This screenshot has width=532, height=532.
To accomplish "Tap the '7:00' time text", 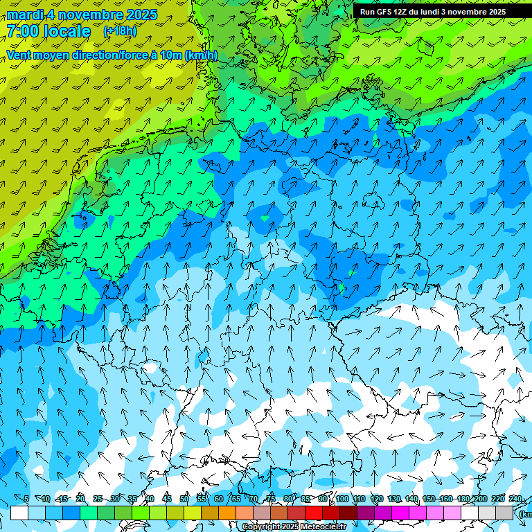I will click(22, 31).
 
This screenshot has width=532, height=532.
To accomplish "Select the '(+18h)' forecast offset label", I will click(120, 31).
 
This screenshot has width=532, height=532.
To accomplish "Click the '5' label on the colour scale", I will click(26, 499).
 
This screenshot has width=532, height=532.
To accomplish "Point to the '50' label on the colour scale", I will click(184, 499).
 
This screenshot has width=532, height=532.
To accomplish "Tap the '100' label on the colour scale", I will click(342, 499).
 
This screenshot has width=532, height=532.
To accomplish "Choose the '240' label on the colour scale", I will click(515, 499).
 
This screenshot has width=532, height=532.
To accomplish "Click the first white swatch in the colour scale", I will click(19, 513).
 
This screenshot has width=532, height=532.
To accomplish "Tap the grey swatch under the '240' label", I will click(504, 513).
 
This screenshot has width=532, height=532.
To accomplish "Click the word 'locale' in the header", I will click(66, 31).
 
